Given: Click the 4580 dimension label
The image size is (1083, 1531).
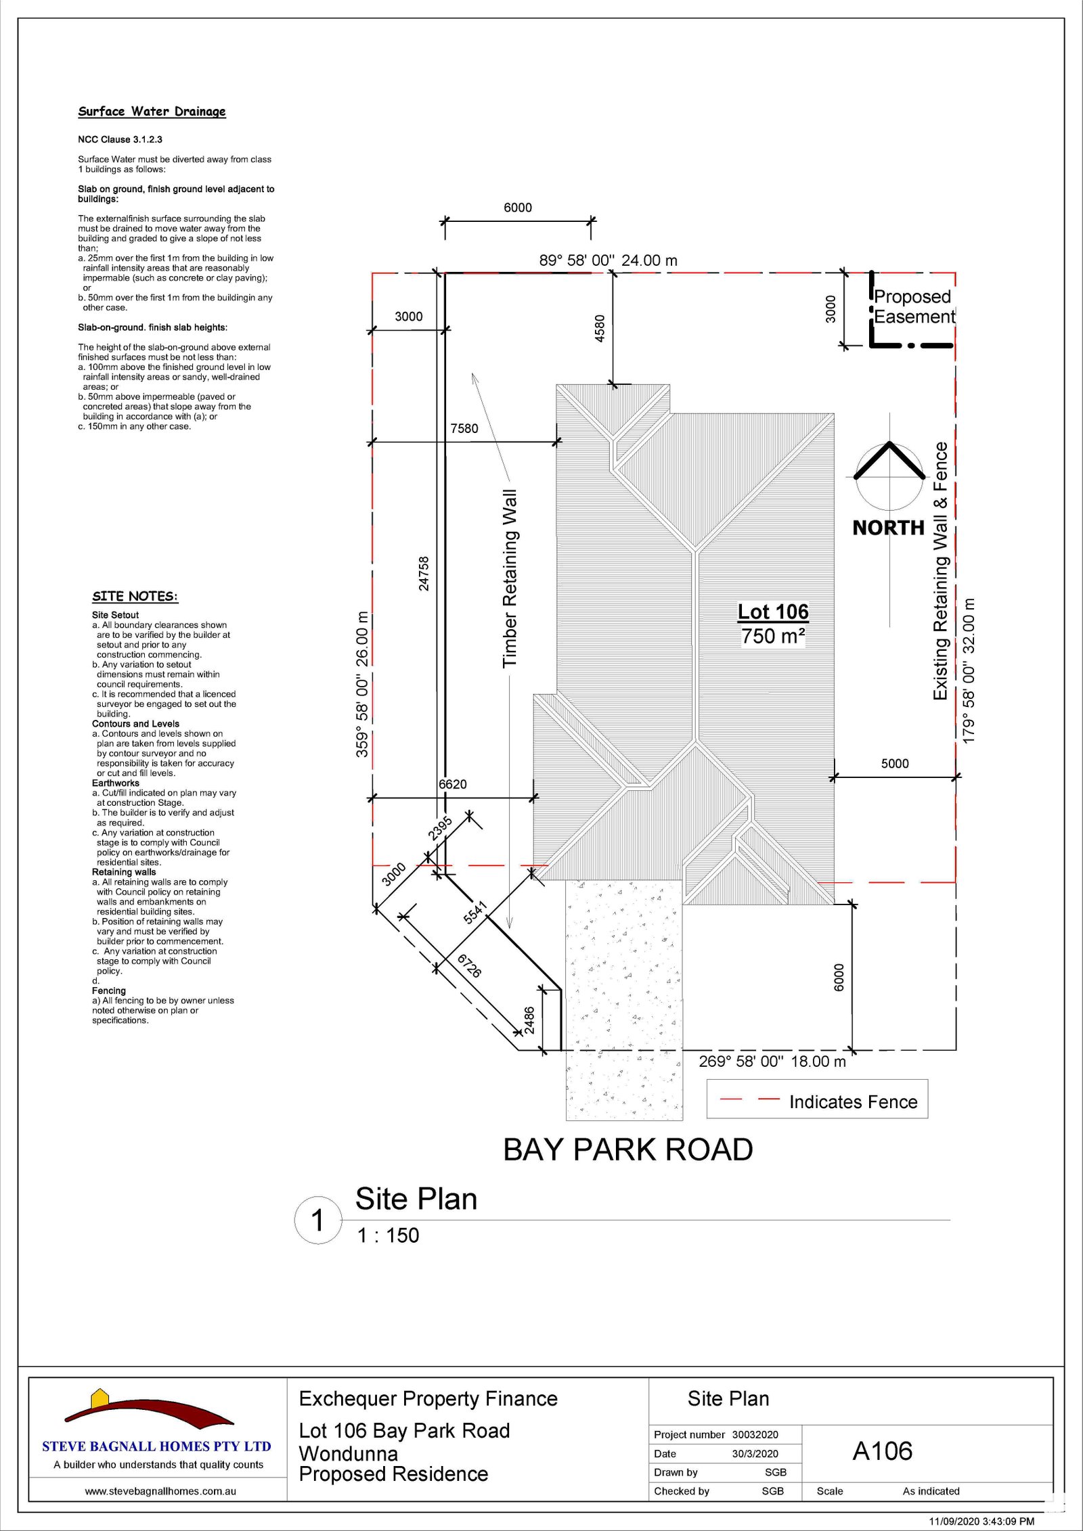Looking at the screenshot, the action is (600, 328).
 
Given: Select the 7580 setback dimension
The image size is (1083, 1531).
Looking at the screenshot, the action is (464, 428).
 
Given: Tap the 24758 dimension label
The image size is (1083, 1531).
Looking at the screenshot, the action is (424, 574).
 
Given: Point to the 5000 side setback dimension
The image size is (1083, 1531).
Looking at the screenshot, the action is (895, 763).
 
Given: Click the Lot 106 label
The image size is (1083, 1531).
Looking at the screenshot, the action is (773, 612).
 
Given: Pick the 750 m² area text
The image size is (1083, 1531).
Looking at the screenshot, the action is (773, 637).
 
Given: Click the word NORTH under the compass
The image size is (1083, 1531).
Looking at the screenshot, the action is (888, 528).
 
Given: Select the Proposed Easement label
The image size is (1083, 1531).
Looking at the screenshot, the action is (914, 306).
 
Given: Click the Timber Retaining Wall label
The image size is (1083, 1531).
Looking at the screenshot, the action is (510, 578).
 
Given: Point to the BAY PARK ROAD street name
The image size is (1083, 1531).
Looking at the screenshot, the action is (628, 1149).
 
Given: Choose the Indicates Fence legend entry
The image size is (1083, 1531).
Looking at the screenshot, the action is (853, 1102).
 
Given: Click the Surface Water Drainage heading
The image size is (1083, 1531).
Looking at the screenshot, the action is (152, 112).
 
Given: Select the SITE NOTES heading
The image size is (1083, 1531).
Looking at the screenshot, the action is (135, 596).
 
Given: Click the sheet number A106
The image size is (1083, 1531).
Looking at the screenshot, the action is (883, 1451).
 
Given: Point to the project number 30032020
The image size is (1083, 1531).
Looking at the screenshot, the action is (755, 1435).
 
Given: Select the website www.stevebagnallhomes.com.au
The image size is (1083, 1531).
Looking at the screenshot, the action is (160, 1491).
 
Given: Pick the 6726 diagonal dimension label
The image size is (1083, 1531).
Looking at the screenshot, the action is (469, 966).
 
